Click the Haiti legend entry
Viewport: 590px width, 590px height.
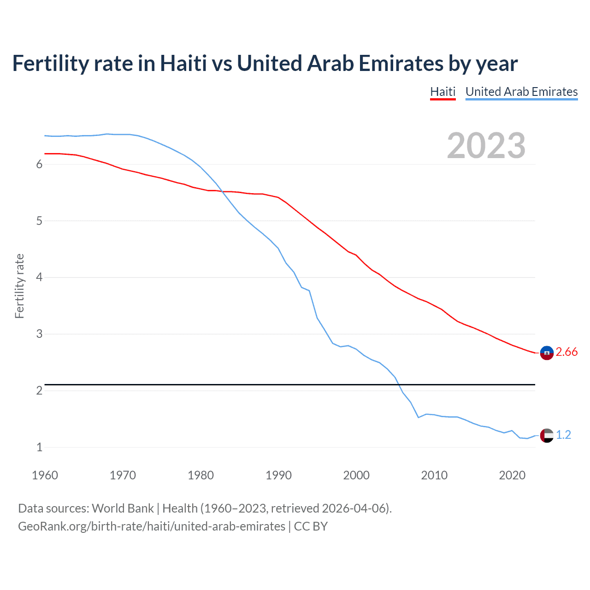(x=442, y=92)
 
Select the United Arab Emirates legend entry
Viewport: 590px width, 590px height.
(x=521, y=92)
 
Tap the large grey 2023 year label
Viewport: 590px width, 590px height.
(x=486, y=146)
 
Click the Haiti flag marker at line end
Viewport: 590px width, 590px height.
(x=547, y=353)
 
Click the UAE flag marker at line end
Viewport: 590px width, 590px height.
(x=547, y=435)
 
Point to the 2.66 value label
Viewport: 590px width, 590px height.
(x=566, y=352)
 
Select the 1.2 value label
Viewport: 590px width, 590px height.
(x=563, y=435)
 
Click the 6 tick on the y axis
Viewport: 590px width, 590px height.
(x=39, y=165)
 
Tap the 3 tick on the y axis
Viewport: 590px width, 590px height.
(x=39, y=334)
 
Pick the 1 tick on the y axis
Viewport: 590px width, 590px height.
(x=39, y=447)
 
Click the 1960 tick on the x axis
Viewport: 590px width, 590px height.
(x=45, y=475)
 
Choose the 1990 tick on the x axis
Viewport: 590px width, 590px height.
(x=278, y=475)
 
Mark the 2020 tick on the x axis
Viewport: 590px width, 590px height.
(x=512, y=475)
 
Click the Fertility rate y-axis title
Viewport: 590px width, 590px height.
(x=19, y=286)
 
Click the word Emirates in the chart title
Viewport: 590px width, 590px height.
(x=401, y=64)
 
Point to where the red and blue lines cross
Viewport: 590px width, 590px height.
(x=222, y=191)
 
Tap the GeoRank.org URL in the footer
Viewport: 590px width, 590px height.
(x=151, y=526)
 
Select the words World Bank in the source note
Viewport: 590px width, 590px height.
(x=123, y=508)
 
